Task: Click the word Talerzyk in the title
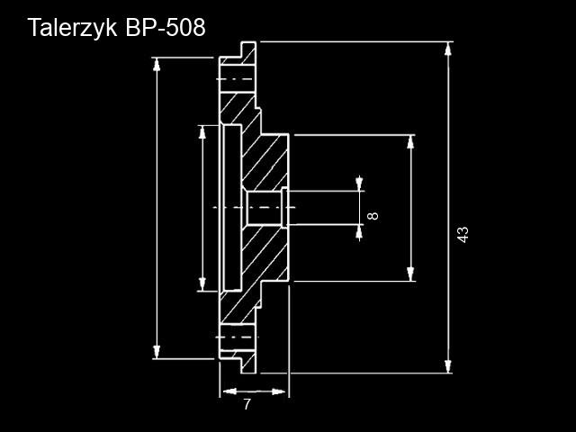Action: [x=72, y=28]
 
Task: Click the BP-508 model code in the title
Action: [x=166, y=27]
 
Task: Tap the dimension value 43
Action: [x=463, y=234]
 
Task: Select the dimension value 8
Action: [x=373, y=215]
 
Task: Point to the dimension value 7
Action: [x=247, y=404]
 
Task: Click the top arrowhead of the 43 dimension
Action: [x=448, y=49]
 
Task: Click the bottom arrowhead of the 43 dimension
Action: [x=448, y=366]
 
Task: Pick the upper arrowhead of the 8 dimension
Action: [x=359, y=184]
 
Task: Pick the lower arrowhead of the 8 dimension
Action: [x=359, y=232]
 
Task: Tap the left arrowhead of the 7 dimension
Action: [x=229, y=391]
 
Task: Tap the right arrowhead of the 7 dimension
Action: [x=279, y=391]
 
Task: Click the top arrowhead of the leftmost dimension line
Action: [x=157, y=65]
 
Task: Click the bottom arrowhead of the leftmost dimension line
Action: [x=157, y=352]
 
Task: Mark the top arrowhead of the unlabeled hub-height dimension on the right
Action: [x=410, y=142]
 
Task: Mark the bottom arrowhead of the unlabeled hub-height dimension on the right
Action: [x=410, y=274]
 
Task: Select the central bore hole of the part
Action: [x=264, y=208]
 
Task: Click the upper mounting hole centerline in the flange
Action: [x=235, y=79]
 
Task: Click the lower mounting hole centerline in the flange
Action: [x=237, y=337]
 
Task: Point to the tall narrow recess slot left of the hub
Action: [x=232, y=208]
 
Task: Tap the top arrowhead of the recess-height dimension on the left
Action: [x=202, y=132]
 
